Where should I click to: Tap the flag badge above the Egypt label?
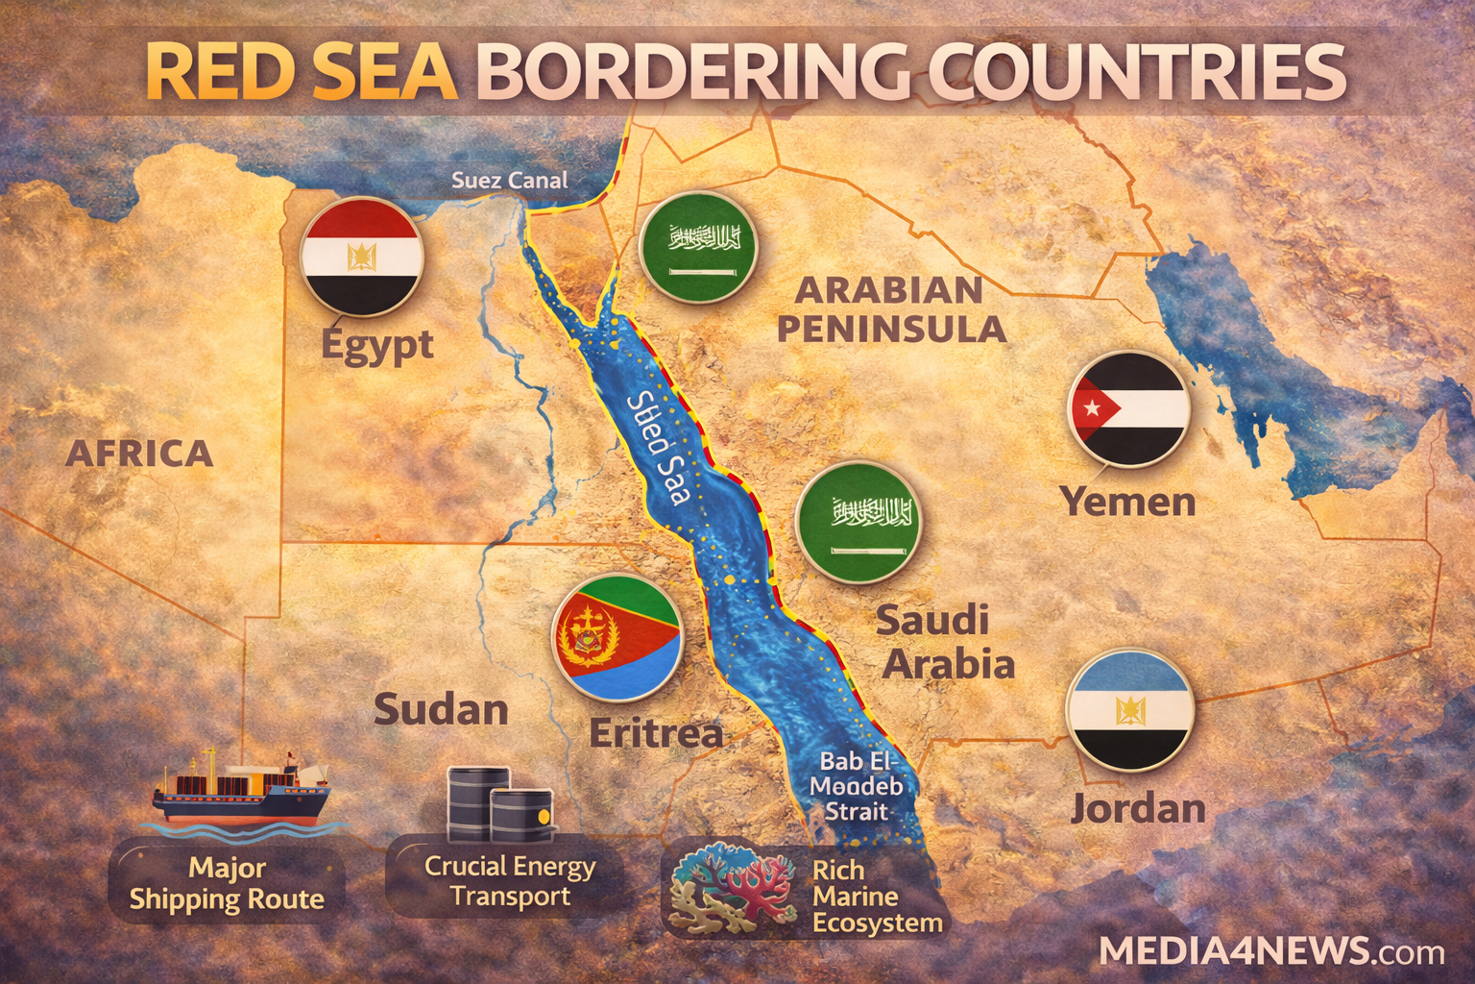click(x=362, y=256)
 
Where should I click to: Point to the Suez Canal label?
click(x=509, y=180)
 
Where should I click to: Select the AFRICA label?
click(x=139, y=453)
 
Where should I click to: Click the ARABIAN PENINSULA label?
click(x=891, y=309)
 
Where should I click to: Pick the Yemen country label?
click(x=1127, y=501)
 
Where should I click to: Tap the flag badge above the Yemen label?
click(x=1129, y=408)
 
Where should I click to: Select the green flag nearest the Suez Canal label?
click(x=698, y=248)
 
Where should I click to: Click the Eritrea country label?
click(x=656, y=733)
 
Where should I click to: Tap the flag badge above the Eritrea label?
click(x=617, y=638)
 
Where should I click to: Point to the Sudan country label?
click(x=441, y=709)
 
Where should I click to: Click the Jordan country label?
click(x=1138, y=808)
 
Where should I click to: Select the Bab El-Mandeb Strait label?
click(x=856, y=786)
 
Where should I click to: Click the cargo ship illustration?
click(x=241, y=790)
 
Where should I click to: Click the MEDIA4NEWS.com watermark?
click(x=1270, y=950)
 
